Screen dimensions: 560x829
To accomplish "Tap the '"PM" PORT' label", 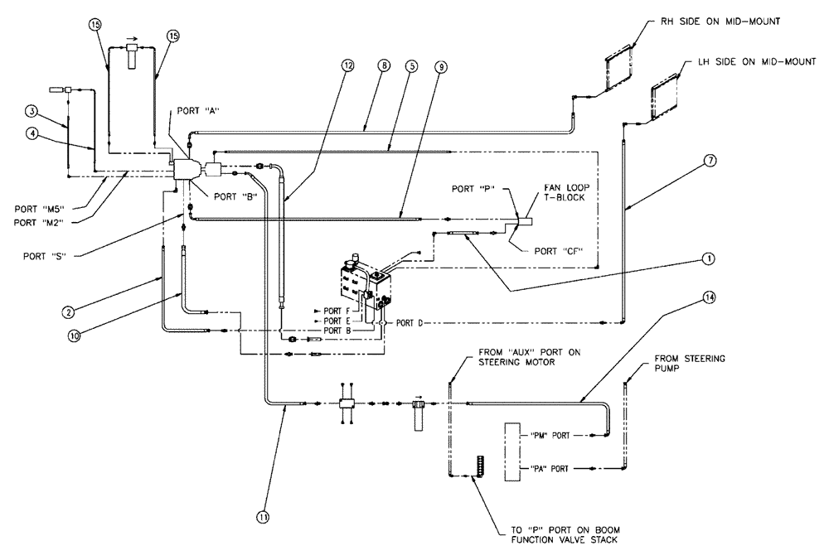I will point(548,435).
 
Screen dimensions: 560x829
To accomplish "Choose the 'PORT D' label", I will point(410,322).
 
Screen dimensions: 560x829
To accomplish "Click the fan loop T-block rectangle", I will point(525,222).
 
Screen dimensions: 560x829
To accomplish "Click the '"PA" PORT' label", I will point(548,468).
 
